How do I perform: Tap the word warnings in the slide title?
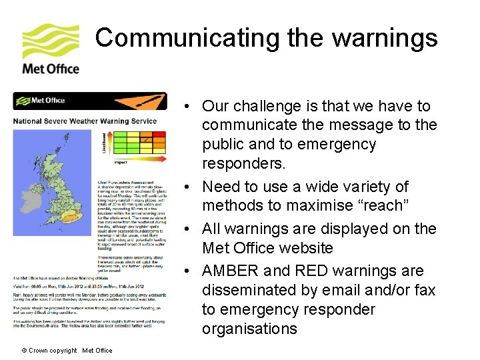pyautogui.click(x=385, y=37)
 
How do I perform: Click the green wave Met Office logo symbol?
pyautogui.click(x=51, y=41)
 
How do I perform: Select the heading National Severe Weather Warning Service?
pyautogui.click(x=85, y=121)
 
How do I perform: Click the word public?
pyautogui.click(x=223, y=145)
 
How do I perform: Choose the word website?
pyautogui.click(x=301, y=248)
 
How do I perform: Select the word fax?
pyautogui.click(x=421, y=290)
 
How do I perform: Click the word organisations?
pyautogui.click(x=249, y=329)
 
